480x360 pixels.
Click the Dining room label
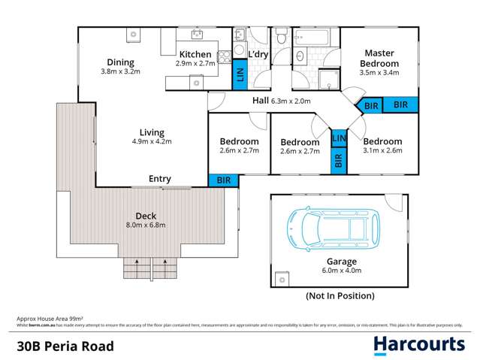(120, 62)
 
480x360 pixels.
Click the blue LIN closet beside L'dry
(240, 74)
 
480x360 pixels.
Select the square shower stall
(328, 80)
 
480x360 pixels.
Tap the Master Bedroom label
(381, 59)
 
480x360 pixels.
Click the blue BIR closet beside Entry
(223, 180)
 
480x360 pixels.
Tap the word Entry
(160, 179)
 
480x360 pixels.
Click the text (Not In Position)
(340, 297)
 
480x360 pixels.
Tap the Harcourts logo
(419, 345)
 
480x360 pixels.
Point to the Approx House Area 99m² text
(48, 319)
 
